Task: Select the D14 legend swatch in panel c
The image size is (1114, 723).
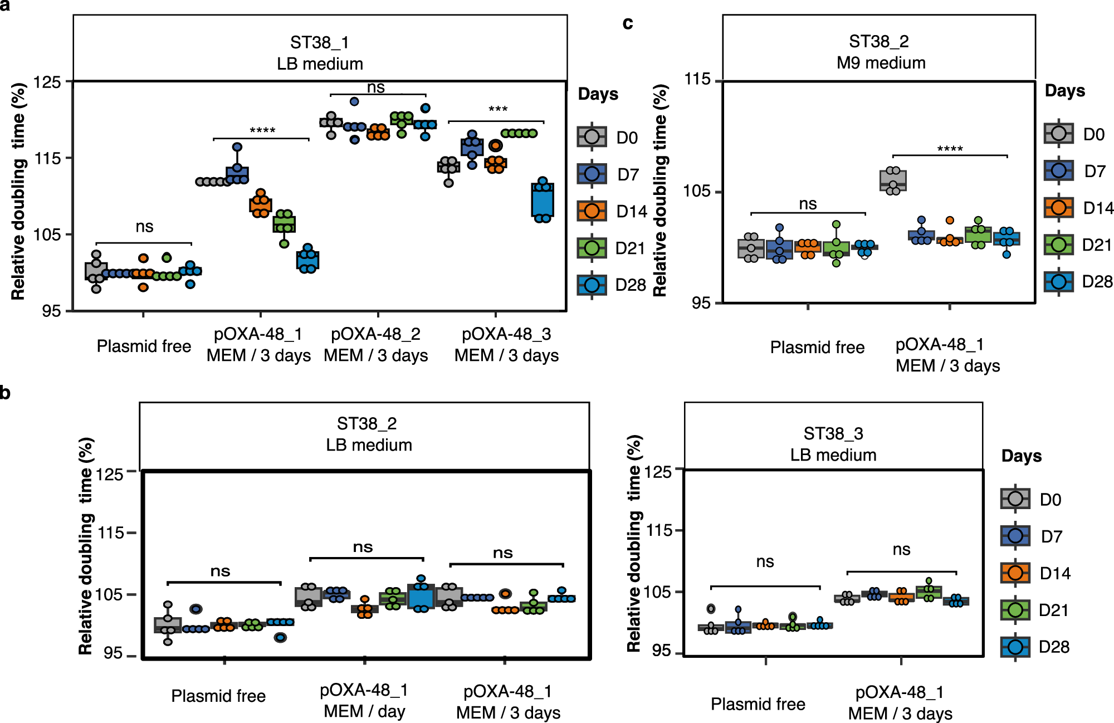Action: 1058,208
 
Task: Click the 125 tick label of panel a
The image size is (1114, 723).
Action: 47,82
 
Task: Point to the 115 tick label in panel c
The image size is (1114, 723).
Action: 697,79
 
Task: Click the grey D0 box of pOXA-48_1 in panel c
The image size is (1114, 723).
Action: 893,180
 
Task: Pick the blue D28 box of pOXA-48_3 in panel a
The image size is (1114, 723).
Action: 543,201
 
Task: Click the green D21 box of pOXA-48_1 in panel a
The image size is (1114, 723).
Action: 284,224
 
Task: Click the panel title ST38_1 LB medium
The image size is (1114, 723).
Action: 320,53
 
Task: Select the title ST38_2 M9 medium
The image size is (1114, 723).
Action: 880,52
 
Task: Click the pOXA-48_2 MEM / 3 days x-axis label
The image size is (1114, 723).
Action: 376,344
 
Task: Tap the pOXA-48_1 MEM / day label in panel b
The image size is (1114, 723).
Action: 364,700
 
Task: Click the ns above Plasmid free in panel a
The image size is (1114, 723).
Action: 144,227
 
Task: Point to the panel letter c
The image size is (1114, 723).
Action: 628,23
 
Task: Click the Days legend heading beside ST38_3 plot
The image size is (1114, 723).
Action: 1021,456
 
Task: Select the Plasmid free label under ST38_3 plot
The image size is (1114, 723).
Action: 758,704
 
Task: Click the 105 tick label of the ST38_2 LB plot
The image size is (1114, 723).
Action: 109,594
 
